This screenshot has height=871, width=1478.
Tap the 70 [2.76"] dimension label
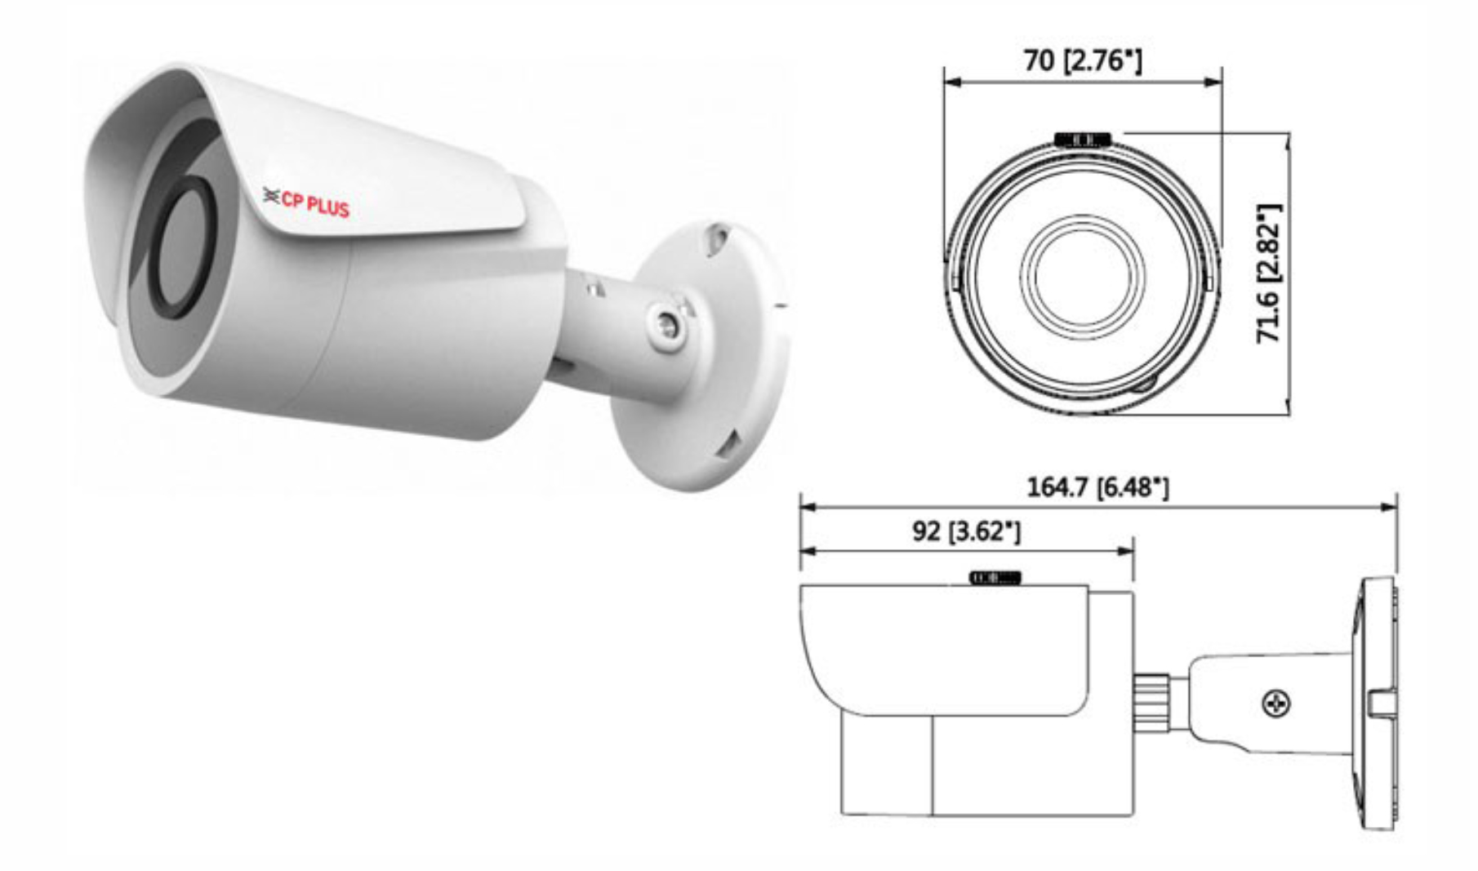[x=1083, y=60]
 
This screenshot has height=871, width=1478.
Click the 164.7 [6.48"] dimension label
[x=1097, y=487]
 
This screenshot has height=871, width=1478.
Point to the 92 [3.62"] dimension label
[x=966, y=531]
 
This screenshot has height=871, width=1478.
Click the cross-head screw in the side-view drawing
[x=1276, y=703]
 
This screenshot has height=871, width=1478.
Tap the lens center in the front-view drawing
[x=1083, y=276]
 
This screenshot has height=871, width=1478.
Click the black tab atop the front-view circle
[x=1082, y=140]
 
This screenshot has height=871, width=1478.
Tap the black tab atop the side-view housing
[x=995, y=578]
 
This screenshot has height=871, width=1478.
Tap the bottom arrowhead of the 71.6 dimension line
[x=1288, y=407]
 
